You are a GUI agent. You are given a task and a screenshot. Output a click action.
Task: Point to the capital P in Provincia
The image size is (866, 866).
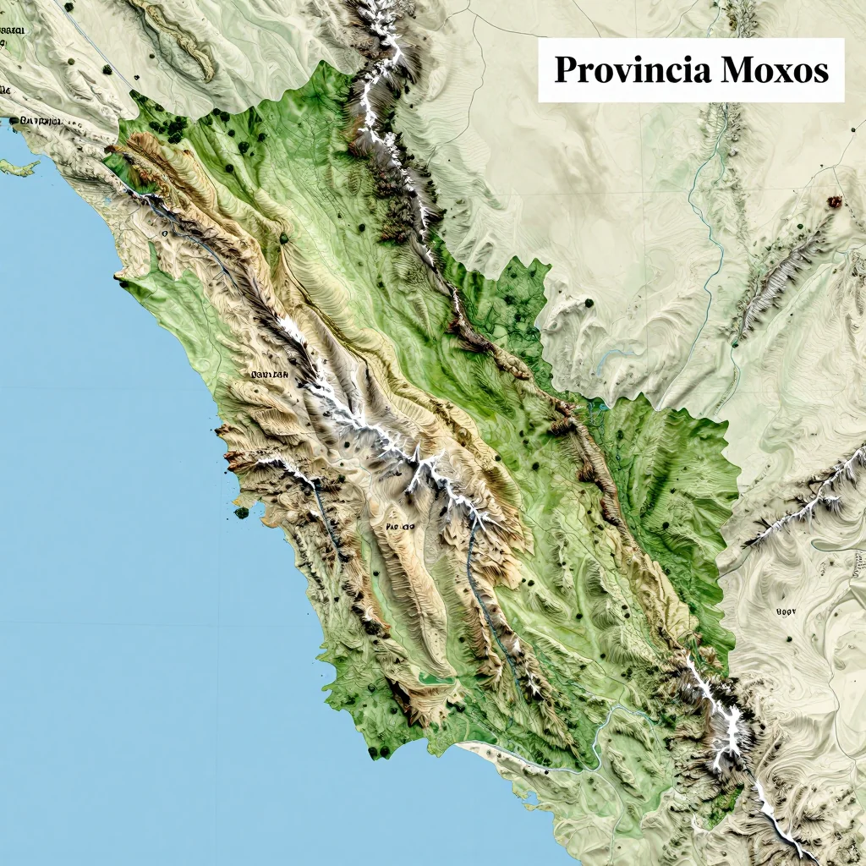coord(565,70)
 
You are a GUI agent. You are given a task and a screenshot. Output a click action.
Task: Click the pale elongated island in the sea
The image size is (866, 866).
coord(19,167)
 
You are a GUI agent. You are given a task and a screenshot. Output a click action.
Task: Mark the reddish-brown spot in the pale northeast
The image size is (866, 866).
coord(835,201)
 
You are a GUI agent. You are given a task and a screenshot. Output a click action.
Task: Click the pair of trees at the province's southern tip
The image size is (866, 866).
coord(379,751)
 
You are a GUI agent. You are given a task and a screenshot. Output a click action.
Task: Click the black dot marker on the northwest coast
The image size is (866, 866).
coord(14,123)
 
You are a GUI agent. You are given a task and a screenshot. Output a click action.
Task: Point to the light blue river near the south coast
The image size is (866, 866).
coord(605,727)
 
